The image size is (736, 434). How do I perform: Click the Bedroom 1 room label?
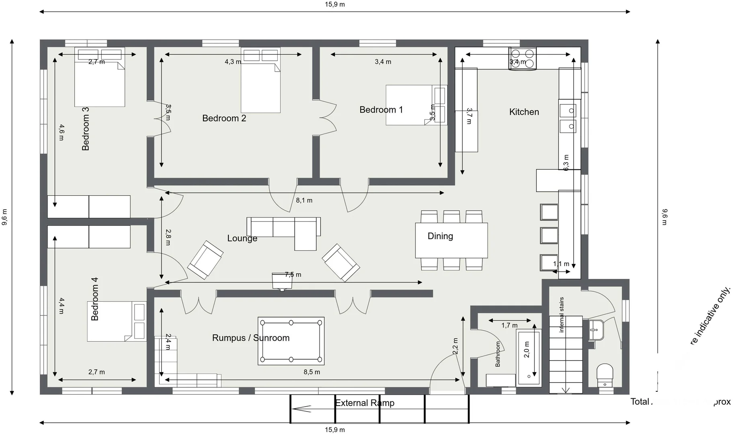tap(381, 110)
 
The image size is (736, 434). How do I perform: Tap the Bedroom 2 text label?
tap(224, 118)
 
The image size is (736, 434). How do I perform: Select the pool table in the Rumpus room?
tap(291, 341)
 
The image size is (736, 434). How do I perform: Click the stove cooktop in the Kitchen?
tap(522, 59)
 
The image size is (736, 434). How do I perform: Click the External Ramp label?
tap(365, 403)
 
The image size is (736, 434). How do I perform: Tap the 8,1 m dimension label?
tap(304, 200)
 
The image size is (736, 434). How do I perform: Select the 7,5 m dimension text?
tap(293, 275)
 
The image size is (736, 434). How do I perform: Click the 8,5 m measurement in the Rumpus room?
tap(312, 372)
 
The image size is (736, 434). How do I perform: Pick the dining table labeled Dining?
tap(451, 240)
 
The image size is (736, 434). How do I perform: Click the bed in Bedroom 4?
tap(117, 321)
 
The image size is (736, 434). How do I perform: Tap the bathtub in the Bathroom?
tap(529, 357)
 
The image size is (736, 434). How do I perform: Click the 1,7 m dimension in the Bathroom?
tap(509, 325)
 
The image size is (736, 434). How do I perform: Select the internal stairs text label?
tap(562, 315)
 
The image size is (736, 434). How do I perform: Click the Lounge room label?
tap(242, 238)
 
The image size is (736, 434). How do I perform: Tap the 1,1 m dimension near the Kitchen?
tap(561, 264)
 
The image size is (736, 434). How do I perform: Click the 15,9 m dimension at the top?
tap(335, 4)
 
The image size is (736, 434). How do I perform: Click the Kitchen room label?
tap(524, 112)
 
